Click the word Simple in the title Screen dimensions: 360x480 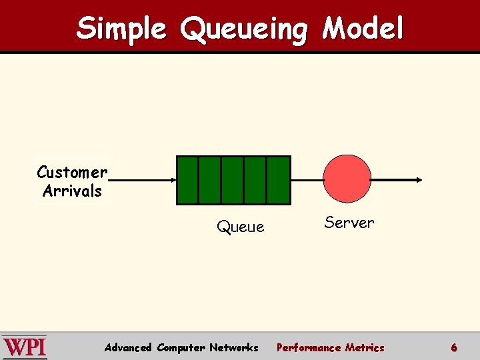pyautogui.click(x=121, y=29)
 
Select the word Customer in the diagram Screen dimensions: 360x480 pyautogui.click(x=72, y=172)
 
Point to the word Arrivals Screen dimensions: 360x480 pyautogui.click(x=72, y=191)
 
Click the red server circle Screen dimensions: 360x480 pyautogui.click(x=347, y=179)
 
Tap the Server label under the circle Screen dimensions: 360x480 pyautogui.click(x=349, y=222)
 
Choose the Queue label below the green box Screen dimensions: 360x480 pyautogui.click(x=240, y=227)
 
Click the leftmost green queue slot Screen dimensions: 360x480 pyautogui.click(x=188, y=180)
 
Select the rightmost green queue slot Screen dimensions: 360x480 pyautogui.click(x=279, y=180)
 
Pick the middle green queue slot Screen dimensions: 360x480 pyautogui.click(x=233, y=180)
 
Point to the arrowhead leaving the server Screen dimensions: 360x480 pyautogui.click(x=418, y=179)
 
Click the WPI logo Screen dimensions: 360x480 pyautogui.click(x=25, y=347)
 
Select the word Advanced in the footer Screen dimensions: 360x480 pyautogui.click(x=129, y=347)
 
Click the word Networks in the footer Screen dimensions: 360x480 pyautogui.click(x=233, y=347)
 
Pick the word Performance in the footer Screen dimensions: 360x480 pyautogui.click(x=309, y=347)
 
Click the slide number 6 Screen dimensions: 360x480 pyautogui.click(x=454, y=347)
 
